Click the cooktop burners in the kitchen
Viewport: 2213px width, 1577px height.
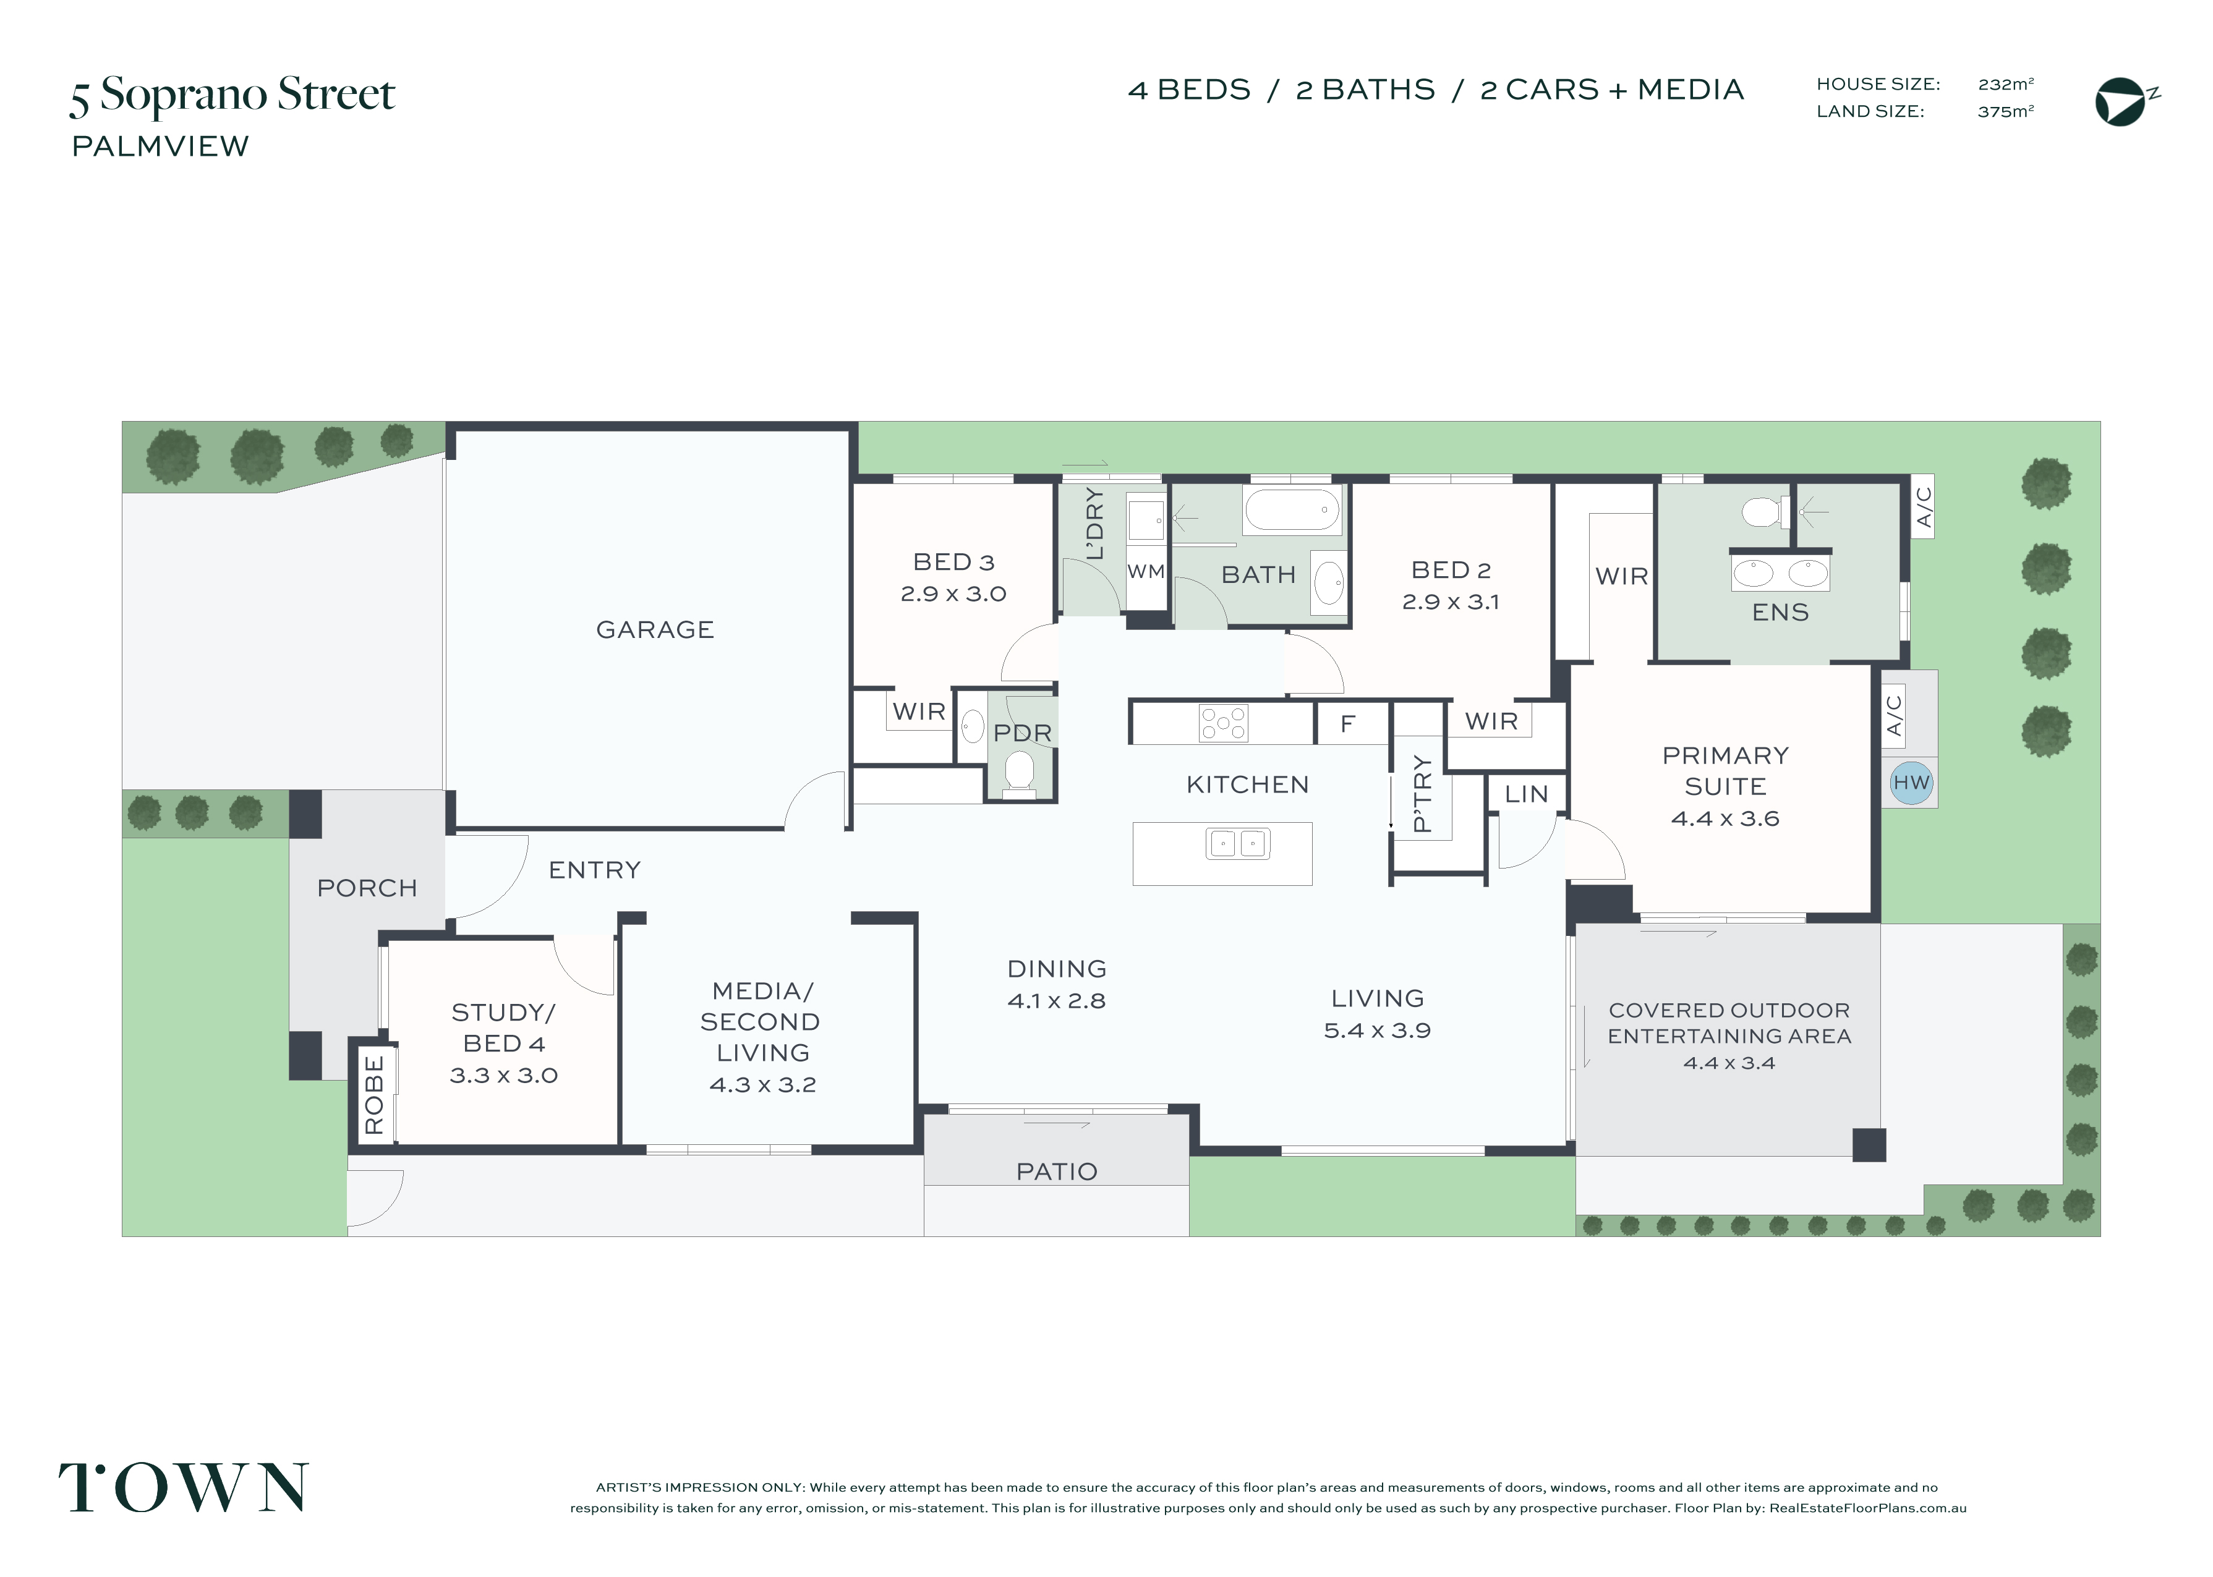click(1224, 723)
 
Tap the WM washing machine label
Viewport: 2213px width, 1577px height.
click(1146, 571)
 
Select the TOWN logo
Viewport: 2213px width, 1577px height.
click(184, 1487)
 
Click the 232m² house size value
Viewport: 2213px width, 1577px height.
click(2005, 85)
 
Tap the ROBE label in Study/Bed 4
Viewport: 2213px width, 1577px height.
click(374, 1095)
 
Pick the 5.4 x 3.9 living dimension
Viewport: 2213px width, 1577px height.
click(1377, 1031)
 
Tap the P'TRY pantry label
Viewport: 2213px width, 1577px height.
click(1422, 793)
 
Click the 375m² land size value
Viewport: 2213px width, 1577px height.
click(2005, 112)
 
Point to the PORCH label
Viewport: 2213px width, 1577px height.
click(367, 888)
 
